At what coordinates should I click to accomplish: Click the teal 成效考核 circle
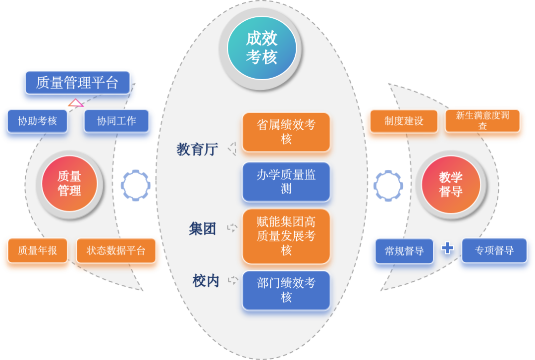[262, 48]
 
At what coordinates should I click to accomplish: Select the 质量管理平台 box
[77, 83]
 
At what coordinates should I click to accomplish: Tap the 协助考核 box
[38, 121]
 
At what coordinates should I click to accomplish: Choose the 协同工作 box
[116, 121]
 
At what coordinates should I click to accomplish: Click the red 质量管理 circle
[69, 184]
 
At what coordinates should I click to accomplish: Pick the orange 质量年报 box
[38, 251]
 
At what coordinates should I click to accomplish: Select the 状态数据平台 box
[116, 251]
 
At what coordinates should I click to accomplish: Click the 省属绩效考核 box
[286, 132]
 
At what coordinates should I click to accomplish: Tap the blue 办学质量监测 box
[286, 182]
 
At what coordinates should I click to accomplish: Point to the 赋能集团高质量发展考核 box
[286, 236]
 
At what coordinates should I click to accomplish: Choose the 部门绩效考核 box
[286, 290]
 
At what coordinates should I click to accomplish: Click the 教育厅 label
[197, 150]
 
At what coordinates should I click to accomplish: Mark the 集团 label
[202, 228]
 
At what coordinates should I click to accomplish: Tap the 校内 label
[206, 281]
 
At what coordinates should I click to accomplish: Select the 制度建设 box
[404, 121]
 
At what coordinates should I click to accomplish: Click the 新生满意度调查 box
[482, 121]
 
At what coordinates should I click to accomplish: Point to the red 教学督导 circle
[451, 184]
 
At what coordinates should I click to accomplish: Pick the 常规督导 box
[404, 251]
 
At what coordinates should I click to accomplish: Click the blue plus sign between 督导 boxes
[447, 248]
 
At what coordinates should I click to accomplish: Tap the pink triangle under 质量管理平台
[76, 103]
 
